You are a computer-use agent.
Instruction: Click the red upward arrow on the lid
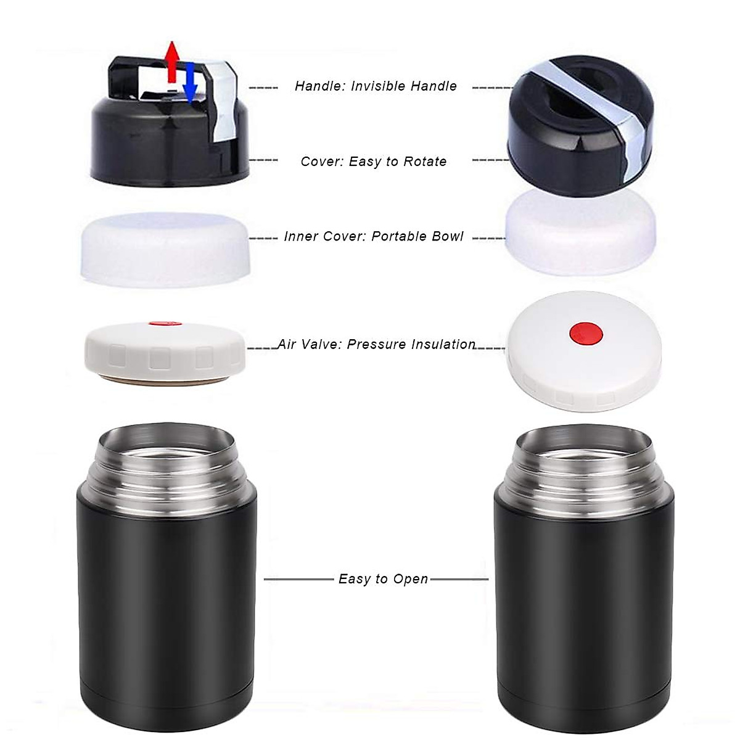tap(173, 62)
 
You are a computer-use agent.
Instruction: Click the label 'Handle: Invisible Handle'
tap(376, 86)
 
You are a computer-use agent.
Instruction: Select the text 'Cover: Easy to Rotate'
tap(374, 162)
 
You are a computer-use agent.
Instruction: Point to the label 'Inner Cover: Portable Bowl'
tap(374, 237)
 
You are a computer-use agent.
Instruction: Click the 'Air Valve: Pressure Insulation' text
tap(376, 344)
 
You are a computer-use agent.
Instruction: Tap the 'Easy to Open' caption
tap(383, 579)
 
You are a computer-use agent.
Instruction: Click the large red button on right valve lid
tap(585, 332)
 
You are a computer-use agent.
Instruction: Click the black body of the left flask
tap(166, 610)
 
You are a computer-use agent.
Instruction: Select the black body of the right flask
tap(583, 610)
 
